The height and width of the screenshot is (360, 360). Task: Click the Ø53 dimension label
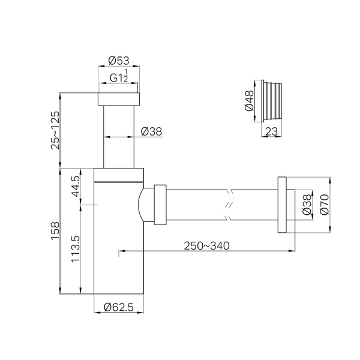(x=119, y=61)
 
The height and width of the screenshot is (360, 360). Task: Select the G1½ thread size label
(x=119, y=76)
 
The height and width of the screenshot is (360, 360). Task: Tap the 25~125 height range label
(x=55, y=131)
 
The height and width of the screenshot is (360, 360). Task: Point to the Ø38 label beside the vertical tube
(x=152, y=131)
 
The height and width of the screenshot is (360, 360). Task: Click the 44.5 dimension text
(x=76, y=186)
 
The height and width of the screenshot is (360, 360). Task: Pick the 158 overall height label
(x=55, y=231)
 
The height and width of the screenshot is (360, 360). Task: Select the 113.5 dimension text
(x=76, y=249)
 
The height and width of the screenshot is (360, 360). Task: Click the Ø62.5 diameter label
(x=118, y=307)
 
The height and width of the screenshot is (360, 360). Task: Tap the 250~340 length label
(x=206, y=246)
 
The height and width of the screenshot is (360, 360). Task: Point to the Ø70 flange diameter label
(x=325, y=205)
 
